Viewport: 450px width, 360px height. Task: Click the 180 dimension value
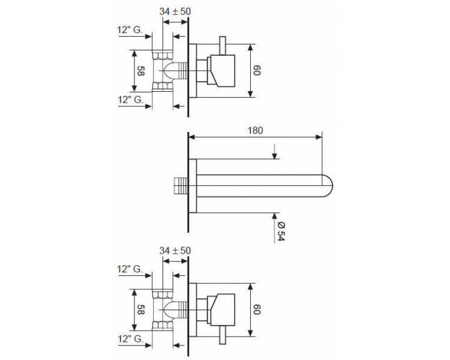tap(255, 131)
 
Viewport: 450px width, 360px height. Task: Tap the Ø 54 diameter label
tap(281, 232)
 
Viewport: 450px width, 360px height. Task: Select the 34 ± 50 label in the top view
tap(175, 11)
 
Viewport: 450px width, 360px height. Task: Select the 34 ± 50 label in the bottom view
tap(175, 251)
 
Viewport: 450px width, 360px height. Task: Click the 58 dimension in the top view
tap(140, 71)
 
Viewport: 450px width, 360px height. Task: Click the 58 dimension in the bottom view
tap(140, 310)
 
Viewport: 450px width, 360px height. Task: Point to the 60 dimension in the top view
tap(257, 70)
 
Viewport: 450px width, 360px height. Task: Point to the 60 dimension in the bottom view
tap(257, 310)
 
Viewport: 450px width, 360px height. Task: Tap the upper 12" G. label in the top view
tap(130, 30)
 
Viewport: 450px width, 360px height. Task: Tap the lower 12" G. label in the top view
tap(130, 100)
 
